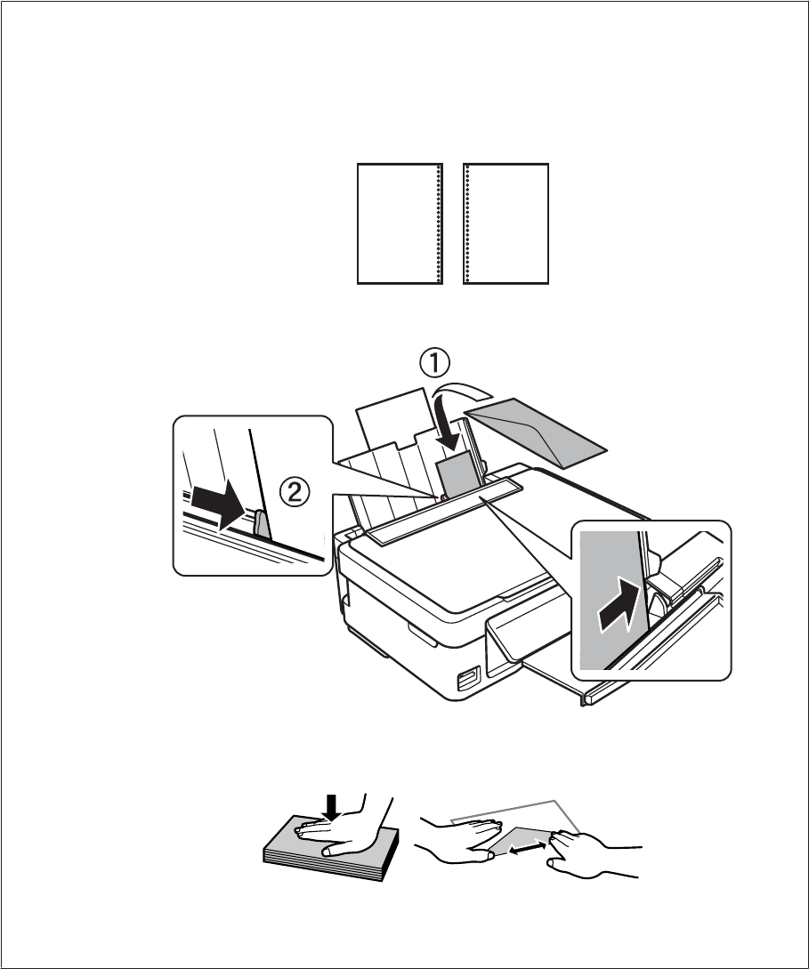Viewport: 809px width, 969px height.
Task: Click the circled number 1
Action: pos(434,364)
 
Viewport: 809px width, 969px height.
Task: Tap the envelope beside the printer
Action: pos(538,431)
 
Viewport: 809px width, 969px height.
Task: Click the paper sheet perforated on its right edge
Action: pos(400,223)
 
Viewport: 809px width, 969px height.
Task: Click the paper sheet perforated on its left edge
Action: pos(506,223)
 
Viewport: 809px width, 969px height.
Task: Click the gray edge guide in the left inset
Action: pos(261,524)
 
